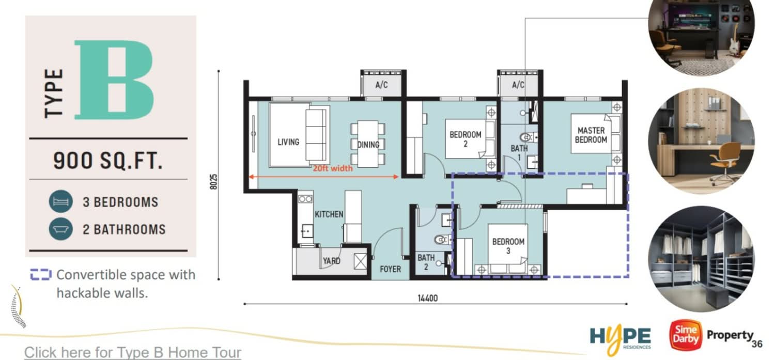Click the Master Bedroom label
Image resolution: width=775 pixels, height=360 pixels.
[591, 135]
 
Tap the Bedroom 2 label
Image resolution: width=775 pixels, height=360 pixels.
[466, 139]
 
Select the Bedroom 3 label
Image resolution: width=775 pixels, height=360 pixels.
[508, 246]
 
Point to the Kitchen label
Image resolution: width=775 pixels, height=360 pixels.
[329, 214]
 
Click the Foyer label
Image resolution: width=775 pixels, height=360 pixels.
[390, 269]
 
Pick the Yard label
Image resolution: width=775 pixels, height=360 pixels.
[332, 261]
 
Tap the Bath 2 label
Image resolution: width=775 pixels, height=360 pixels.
[426, 262]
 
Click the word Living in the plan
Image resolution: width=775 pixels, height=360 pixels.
[288, 142]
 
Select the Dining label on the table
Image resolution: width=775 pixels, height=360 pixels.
[368, 145]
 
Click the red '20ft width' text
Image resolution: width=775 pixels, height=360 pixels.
[333, 168]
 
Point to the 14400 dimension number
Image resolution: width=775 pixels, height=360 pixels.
[428, 298]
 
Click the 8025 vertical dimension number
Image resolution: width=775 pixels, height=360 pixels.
[214, 182]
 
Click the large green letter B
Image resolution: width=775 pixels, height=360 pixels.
[114, 80]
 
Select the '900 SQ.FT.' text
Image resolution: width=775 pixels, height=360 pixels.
[108, 161]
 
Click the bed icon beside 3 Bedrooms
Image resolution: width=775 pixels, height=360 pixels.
[61, 201]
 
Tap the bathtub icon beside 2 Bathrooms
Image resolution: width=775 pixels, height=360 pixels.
[61, 229]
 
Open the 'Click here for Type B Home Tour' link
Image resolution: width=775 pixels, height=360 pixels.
[132, 352]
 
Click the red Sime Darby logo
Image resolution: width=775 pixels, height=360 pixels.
[686, 335]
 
